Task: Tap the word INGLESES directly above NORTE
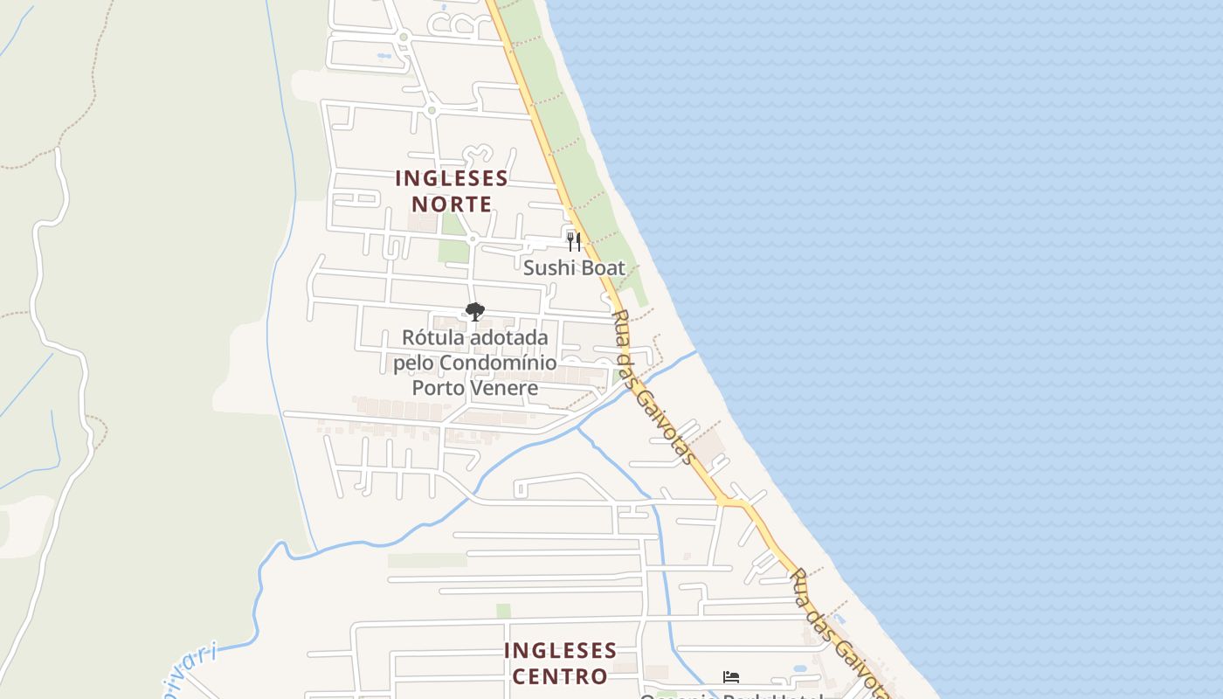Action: point(452,178)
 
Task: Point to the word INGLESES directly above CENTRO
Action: point(560,651)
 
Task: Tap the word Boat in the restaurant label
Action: point(603,268)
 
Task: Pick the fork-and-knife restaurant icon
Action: point(574,242)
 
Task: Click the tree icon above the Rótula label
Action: point(474,312)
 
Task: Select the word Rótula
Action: point(433,337)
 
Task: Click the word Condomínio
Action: point(498,363)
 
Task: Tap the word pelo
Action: point(413,363)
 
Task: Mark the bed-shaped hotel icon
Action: point(731,676)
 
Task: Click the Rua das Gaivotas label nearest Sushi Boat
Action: point(655,387)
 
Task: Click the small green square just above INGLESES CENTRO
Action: point(503,611)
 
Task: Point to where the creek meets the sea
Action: point(696,352)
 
